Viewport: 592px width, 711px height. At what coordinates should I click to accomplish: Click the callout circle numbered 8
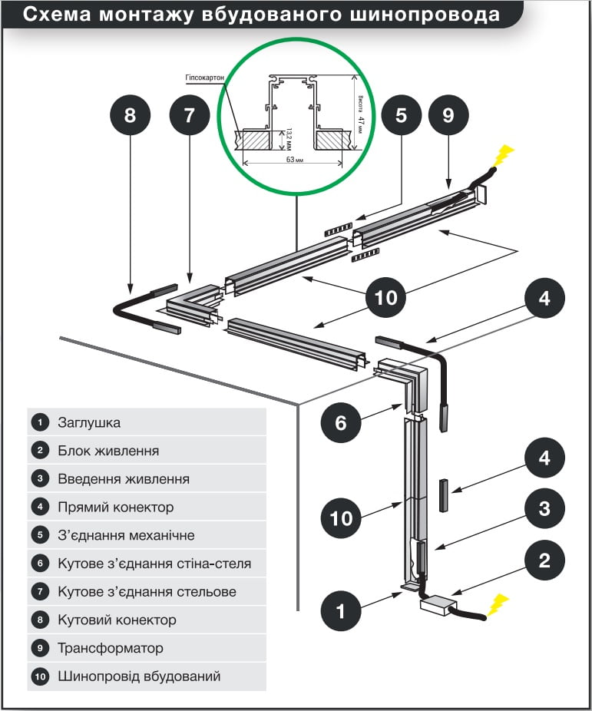pos(129,116)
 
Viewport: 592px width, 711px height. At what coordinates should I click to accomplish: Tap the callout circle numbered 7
pos(190,116)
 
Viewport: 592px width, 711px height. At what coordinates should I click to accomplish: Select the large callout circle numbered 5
pos(401,116)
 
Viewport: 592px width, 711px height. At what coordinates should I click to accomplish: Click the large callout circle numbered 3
pos(544,508)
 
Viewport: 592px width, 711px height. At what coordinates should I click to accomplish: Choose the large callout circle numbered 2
pos(544,561)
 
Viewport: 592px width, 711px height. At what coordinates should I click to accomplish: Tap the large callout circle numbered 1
pos(342,612)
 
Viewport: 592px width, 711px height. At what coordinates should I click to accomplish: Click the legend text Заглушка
pos(89,422)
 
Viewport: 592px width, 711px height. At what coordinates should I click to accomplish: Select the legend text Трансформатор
pos(111,648)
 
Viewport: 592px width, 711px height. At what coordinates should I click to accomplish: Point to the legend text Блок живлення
pos(108,451)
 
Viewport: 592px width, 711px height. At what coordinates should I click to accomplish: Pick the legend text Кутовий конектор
pos(117,620)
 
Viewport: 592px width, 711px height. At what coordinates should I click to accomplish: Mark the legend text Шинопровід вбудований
pos(139,676)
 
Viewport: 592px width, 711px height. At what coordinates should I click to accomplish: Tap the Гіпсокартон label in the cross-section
pos(204,78)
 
